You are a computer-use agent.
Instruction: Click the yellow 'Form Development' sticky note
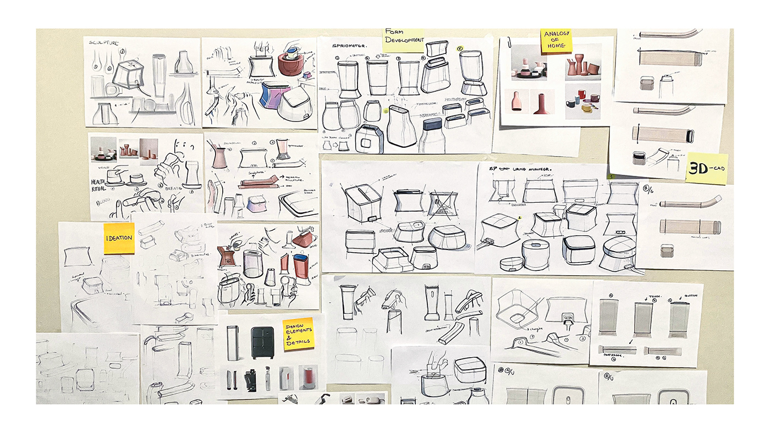tap(404, 39)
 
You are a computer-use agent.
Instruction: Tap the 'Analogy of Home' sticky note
tap(555, 41)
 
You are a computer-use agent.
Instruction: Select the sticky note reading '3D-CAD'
tap(706, 169)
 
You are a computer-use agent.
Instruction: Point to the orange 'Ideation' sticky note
tap(119, 238)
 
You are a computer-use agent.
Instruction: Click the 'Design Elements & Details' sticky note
tap(298, 334)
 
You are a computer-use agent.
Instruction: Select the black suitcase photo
tap(262, 343)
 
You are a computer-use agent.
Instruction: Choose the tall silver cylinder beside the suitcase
tap(233, 343)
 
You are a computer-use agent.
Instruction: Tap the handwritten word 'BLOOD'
tap(102, 202)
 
